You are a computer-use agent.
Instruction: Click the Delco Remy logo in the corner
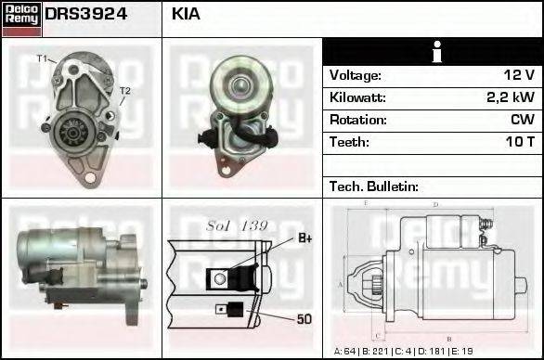21,18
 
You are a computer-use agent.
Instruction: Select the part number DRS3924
86,15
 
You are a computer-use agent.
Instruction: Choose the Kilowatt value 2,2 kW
511,97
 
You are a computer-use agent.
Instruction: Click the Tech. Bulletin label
374,186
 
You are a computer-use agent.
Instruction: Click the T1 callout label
42,58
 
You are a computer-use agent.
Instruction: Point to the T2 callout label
125,90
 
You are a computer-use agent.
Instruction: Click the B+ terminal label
304,238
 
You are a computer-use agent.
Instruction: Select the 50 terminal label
304,319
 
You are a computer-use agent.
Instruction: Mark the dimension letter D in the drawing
435,204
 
